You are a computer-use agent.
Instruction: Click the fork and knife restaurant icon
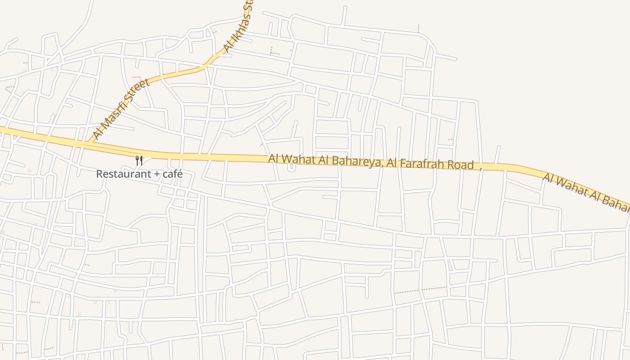click(x=139, y=160)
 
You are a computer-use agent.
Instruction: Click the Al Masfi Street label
click(x=121, y=109)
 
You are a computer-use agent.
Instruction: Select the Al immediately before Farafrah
click(x=392, y=163)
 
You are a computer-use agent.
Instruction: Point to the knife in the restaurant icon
click(x=141, y=160)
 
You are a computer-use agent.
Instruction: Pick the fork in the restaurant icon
click(x=137, y=160)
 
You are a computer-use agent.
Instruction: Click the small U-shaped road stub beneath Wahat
click(x=291, y=167)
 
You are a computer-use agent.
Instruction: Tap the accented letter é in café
click(x=180, y=174)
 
